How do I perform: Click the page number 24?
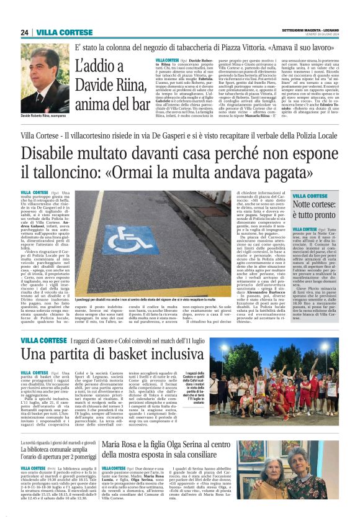(x=25, y=32)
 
